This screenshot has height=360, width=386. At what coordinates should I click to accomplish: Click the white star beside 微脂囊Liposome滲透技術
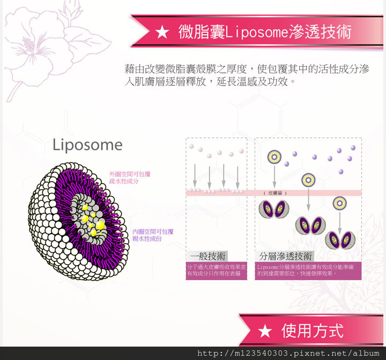[162, 33]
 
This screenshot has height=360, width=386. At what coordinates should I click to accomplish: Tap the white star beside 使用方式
[265, 331]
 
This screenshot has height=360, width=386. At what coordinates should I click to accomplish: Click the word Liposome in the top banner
[255, 32]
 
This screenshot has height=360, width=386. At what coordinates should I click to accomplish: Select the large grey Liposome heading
[87, 145]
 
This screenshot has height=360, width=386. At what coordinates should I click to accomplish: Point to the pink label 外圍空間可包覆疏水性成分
[130, 178]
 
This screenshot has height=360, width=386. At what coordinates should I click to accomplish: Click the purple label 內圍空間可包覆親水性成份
[153, 235]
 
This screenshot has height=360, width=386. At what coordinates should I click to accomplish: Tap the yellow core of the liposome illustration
[92, 222]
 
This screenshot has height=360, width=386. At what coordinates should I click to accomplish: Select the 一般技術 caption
[208, 256]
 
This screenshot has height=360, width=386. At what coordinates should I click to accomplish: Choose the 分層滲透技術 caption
[286, 256]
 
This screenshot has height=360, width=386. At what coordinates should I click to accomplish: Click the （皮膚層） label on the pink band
[276, 193]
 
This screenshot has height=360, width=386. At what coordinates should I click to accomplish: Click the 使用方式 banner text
[312, 331]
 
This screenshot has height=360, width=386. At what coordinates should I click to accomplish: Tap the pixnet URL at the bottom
[288, 354]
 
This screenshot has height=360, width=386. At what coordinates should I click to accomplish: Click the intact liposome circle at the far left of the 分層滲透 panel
[274, 157]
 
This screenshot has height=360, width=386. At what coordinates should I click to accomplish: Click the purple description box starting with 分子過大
[217, 270]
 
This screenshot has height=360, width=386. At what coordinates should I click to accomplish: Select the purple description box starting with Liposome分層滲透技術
[308, 270]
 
